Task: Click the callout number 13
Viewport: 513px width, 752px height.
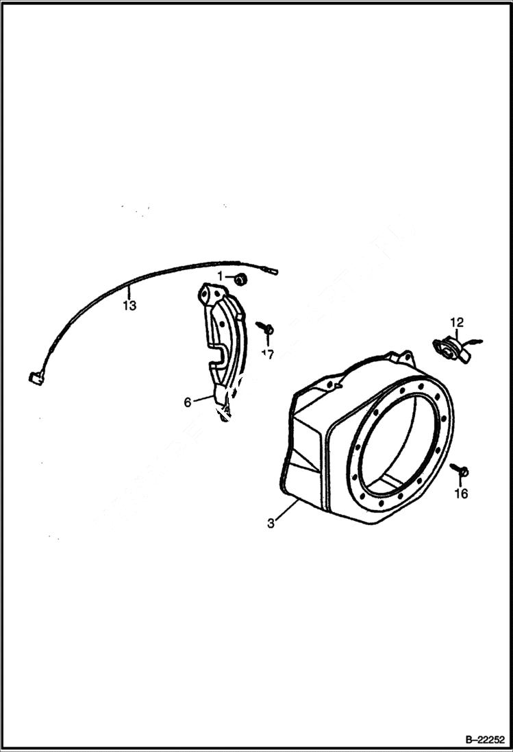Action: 129,305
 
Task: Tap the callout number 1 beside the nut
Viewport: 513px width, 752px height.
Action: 221,275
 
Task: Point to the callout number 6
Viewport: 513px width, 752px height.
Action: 188,402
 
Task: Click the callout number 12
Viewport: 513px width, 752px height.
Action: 457,322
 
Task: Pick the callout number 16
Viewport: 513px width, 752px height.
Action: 462,494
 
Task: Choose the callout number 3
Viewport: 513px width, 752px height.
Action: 271,523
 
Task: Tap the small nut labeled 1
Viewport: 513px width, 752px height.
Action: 240,279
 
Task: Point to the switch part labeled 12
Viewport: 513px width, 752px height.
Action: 449,348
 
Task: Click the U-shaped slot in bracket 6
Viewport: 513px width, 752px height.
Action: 218,354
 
